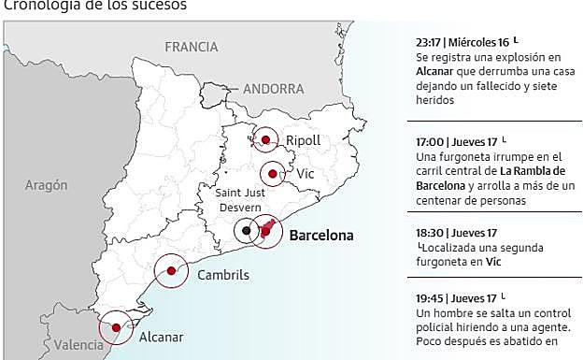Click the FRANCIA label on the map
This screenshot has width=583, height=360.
point(191,47)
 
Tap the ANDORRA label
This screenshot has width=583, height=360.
point(273,89)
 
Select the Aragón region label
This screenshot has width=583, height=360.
point(47,185)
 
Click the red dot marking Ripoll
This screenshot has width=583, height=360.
point(266,140)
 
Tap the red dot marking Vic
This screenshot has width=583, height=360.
point(272,173)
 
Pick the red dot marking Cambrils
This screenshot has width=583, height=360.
point(171,271)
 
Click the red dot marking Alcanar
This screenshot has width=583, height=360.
point(115,327)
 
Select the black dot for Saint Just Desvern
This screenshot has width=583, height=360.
point(246,230)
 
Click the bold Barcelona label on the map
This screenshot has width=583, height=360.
point(321,236)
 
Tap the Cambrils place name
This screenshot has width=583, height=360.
point(223,275)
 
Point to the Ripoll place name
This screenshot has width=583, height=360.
point(303,140)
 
